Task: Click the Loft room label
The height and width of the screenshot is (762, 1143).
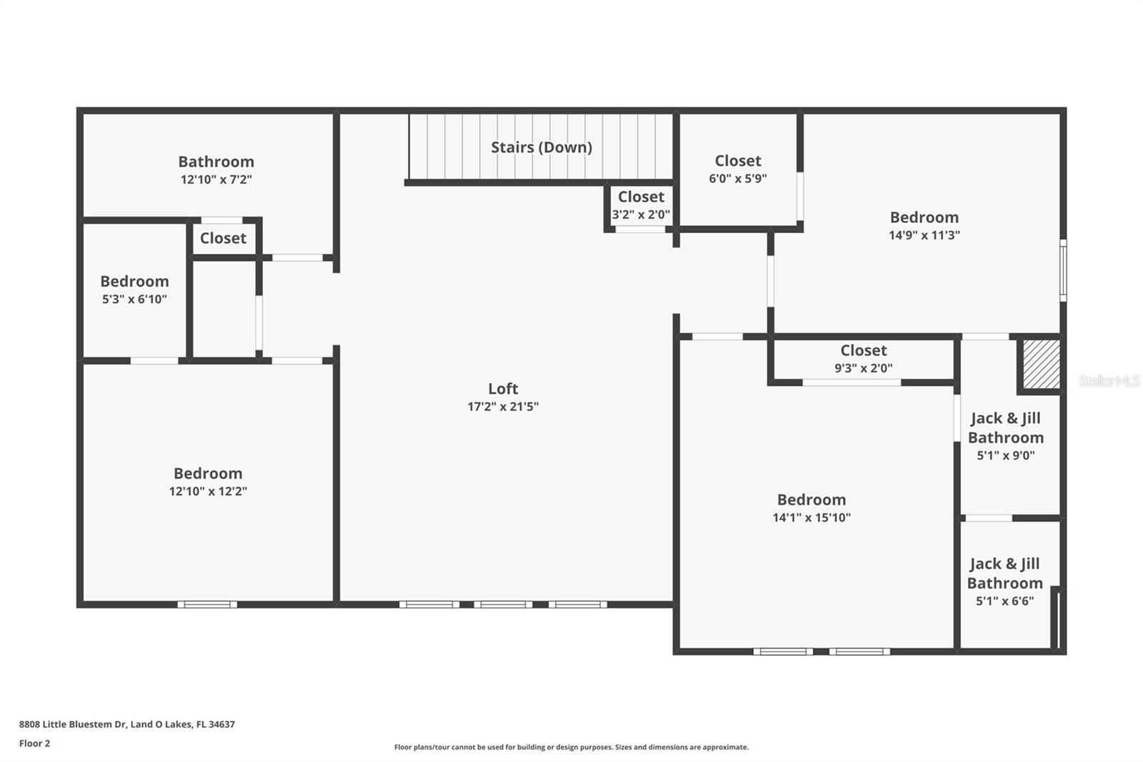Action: click(x=503, y=389)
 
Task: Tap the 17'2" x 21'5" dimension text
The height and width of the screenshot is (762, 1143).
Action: click(x=503, y=407)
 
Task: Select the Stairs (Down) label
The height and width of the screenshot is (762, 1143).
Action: click(x=541, y=147)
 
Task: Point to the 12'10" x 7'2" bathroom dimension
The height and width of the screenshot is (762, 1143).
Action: click(x=216, y=179)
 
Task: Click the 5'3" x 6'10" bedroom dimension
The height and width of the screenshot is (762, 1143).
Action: click(x=135, y=300)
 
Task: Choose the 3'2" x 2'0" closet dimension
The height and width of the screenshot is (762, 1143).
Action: click(x=641, y=214)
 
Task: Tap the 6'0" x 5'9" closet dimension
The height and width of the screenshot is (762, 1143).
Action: click(x=738, y=179)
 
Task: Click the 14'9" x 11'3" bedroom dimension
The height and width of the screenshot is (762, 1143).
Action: click(x=924, y=235)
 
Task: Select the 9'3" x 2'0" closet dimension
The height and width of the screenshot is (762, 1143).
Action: click(x=864, y=368)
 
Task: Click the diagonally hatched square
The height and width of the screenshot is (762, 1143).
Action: click(x=1042, y=364)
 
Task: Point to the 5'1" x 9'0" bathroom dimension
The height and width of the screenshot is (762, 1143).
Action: click(x=1006, y=455)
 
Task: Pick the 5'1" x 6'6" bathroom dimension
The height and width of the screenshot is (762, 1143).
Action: click(x=1004, y=601)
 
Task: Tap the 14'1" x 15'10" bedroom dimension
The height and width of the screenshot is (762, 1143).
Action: click(x=812, y=518)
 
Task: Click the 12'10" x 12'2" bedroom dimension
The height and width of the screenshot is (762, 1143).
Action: click(x=208, y=491)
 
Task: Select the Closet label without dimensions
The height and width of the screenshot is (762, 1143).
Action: click(x=223, y=238)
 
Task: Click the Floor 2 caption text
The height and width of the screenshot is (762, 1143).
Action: click(x=35, y=743)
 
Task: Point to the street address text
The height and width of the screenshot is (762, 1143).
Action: click(x=127, y=724)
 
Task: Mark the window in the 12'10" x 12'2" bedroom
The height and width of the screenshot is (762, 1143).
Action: click(x=207, y=604)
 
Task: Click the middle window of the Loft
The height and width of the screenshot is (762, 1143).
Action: click(x=503, y=604)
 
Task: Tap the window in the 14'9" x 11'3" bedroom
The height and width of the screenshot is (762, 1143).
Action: click(x=1064, y=271)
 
